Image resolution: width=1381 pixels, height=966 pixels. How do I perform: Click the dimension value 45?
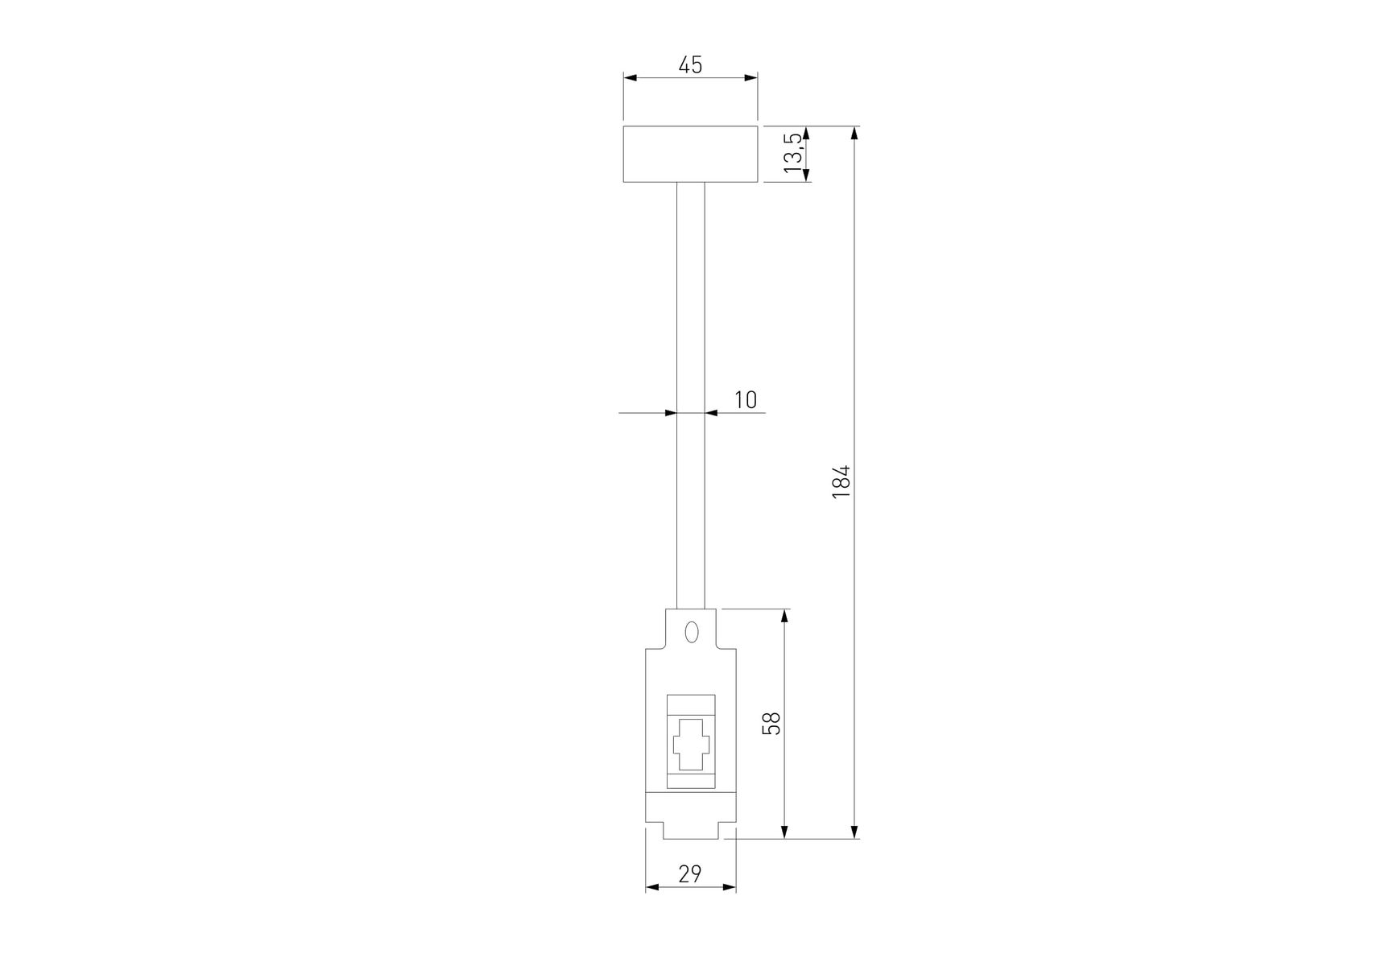[x=690, y=64]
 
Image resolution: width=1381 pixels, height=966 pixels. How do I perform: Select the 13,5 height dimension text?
[x=793, y=153]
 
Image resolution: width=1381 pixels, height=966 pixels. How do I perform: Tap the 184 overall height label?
[x=841, y=481]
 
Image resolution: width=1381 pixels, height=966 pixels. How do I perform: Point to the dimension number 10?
[x=746, y=399]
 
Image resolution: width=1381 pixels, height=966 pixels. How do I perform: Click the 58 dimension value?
[x=771, y=723]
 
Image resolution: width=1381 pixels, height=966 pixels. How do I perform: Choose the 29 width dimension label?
[x=690, y=873]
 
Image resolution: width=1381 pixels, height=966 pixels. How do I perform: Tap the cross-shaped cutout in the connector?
[x=690, y=744]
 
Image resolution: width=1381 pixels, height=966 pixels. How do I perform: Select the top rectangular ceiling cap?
[x=690, y=154]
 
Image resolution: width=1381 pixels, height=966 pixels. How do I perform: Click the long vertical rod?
[x=690, y=395]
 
